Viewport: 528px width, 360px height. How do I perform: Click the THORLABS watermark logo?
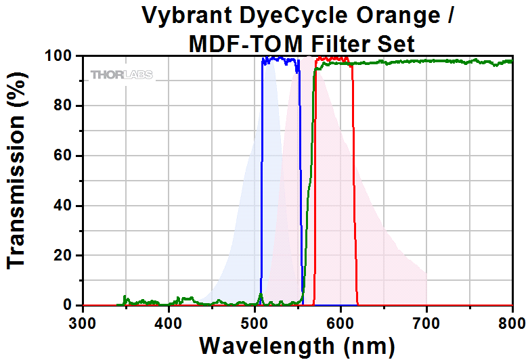pos(122,74)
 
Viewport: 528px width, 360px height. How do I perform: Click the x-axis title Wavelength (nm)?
pos(297,345)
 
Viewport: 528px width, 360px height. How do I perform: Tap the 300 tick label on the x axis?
pos(83,321)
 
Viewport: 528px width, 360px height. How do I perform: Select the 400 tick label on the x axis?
pos(169,321)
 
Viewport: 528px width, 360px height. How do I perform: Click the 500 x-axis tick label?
pos(255,321)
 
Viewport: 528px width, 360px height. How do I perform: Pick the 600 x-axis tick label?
pos(340,321)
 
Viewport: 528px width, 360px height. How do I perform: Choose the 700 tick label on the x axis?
pos(426,321)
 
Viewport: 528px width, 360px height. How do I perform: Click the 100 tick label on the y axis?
pos(59,55)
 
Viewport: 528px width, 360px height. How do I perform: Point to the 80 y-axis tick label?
pos(64,106)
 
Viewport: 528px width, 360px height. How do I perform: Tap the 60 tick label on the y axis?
pos(64,156)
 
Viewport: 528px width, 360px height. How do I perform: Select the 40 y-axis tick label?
pos(64,206)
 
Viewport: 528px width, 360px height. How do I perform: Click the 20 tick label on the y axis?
pos(64,256)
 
